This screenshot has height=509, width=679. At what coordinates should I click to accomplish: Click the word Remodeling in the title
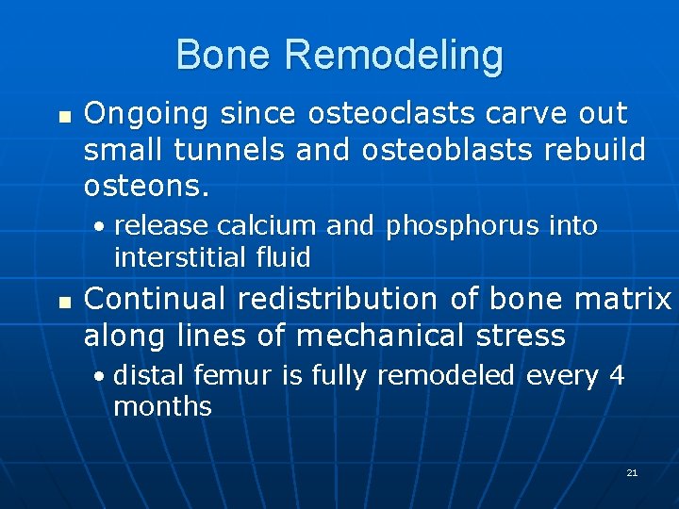(x=393, y=57)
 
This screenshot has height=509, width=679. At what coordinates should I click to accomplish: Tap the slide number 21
(x=632, y=472)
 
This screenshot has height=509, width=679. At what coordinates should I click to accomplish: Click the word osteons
(x=141, y=186)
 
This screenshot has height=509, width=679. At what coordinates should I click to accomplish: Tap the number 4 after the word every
(x=617, y=376)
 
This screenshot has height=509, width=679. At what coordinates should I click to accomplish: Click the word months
(x=162, y=407)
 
